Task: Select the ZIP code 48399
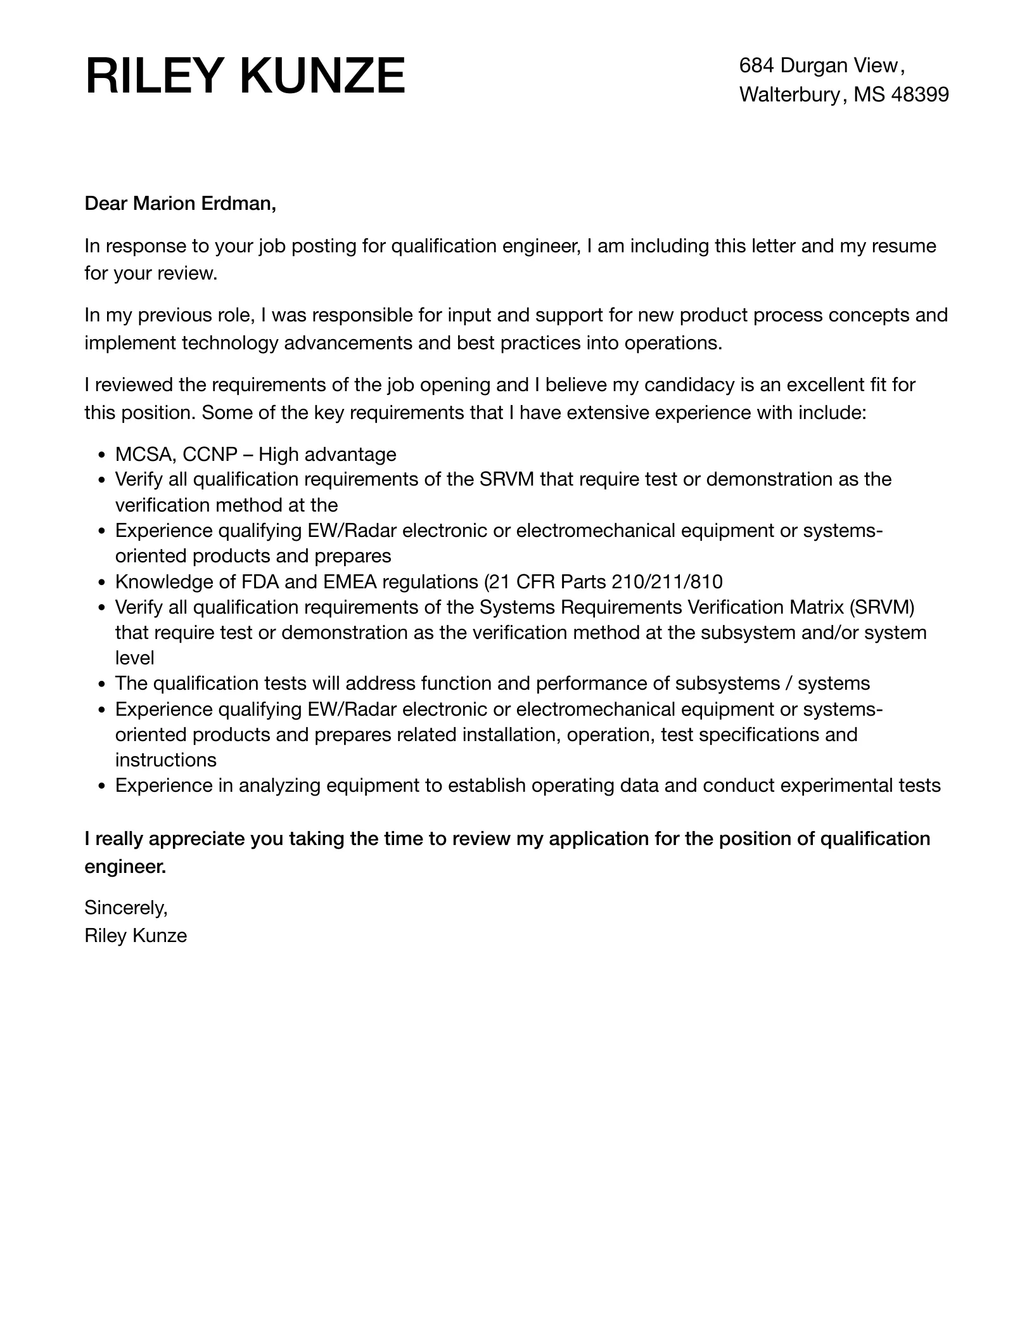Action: [x=919, y=94]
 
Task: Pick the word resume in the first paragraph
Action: [x=903, y=246]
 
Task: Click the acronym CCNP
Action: [x=210, y=455]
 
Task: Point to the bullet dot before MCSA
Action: [x=101, y=455]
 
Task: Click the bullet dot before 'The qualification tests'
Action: [x=101, y=684]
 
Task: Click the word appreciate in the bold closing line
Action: [x=196, y=839]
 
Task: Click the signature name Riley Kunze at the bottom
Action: [x=136, y=936]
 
